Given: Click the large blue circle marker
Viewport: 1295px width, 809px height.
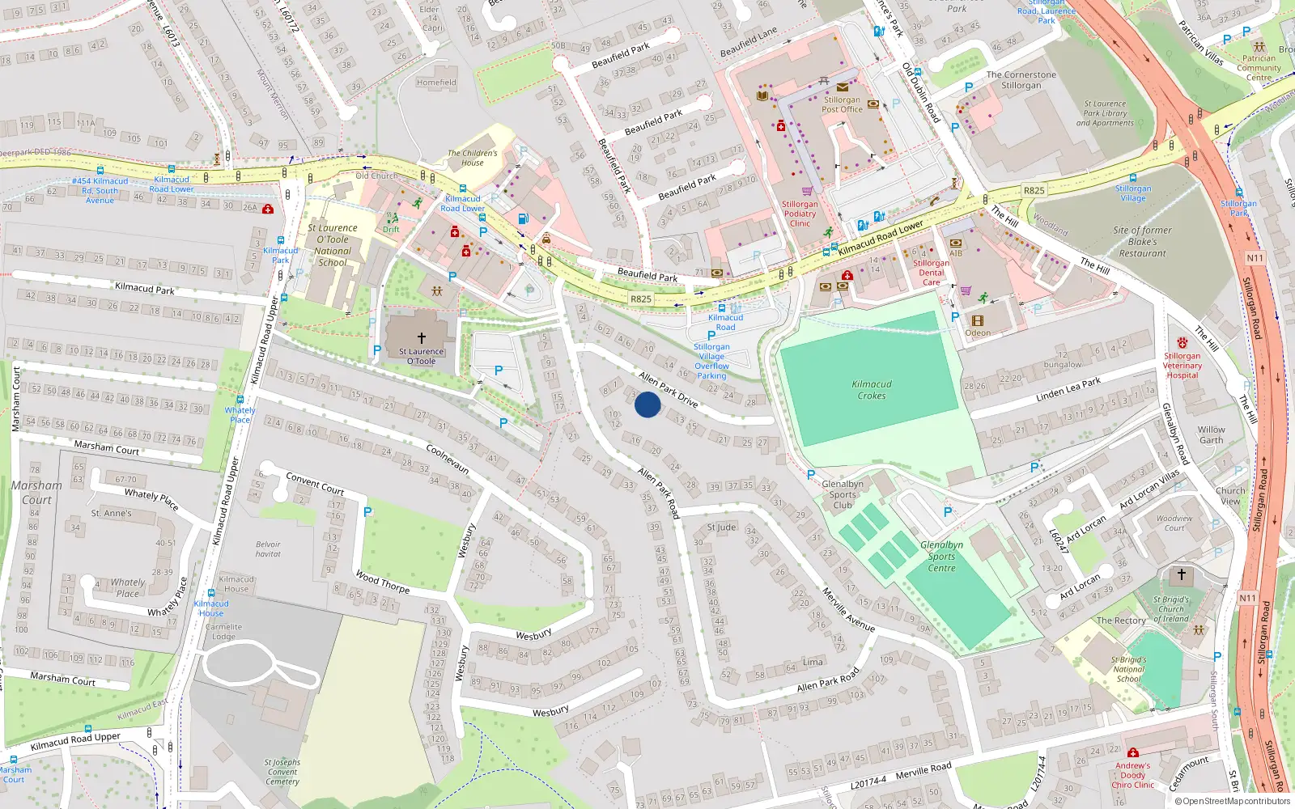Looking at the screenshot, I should point(647,404).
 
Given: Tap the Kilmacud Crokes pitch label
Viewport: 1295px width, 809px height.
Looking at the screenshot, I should point(872,390).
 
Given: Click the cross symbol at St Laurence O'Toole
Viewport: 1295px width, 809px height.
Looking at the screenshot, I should point(421,338).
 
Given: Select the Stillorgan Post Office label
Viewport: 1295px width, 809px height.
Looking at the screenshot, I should point(842,104).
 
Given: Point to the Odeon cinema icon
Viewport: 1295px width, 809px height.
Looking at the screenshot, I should point(977,321).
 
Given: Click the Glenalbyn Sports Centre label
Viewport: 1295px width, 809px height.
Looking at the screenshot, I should point(941,557).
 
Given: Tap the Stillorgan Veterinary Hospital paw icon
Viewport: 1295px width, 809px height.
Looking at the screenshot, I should point(1182,343).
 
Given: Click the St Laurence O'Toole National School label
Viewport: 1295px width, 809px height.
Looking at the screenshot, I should point(333,245).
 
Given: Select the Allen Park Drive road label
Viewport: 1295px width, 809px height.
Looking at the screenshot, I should point(668,388).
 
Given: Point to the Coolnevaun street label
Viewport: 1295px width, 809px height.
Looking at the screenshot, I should point(447,460).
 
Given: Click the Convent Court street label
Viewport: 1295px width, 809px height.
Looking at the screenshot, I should point(315,484).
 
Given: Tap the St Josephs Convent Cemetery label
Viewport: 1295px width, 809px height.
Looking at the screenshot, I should point(282,772).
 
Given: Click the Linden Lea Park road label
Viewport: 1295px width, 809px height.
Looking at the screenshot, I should point(1068,390).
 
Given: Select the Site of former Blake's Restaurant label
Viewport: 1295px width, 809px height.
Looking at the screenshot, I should point(1142,241).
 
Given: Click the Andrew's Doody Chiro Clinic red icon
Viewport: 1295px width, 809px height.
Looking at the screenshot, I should point(1132,753).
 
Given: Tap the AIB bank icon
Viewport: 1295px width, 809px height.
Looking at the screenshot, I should point(956,243).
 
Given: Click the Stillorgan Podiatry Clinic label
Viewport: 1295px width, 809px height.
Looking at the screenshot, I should point(800,214).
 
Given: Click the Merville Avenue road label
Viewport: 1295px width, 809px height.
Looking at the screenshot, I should point(848,610).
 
